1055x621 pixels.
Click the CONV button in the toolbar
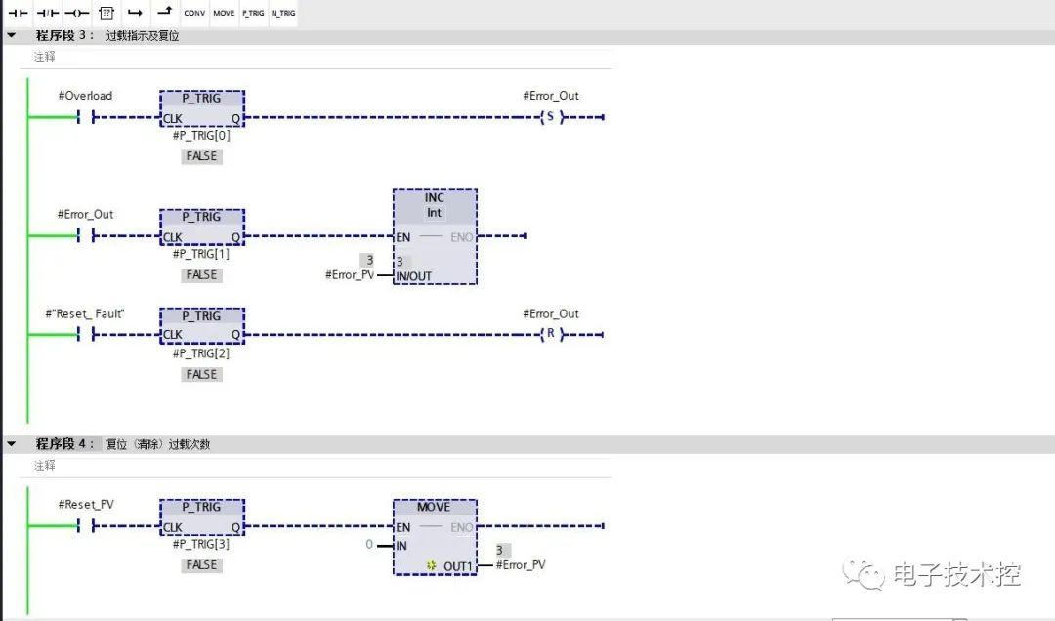(194, 13)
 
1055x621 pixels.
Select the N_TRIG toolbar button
(283, 13)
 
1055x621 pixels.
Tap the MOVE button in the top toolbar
(224, 13)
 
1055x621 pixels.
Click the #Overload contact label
(85, 96)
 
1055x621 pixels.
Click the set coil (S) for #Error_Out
(551, 117)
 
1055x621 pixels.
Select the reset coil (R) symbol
(551, 334)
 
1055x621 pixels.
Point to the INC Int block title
(435, 205)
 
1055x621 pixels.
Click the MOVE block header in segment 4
(434, 507)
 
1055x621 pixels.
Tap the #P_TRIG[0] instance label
(201, 136)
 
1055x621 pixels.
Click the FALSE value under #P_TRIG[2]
(202, 375)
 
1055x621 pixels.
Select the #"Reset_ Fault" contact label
(85, 313)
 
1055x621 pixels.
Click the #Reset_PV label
(86, 505)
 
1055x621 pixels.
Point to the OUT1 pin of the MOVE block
(457, 566)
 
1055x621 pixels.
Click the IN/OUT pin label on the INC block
(414, 276)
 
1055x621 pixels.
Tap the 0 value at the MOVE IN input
(369, 544)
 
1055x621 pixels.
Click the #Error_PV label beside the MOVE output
(521, 565)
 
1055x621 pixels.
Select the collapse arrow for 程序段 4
(12, 444)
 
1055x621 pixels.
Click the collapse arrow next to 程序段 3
(12, 35)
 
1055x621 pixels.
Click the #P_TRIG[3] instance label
(201, 544)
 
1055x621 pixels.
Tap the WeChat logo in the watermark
(864, 575)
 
